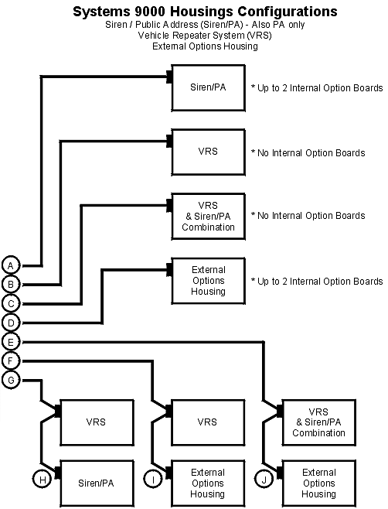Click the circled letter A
click(x=11, y=265)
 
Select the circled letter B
click(x=11, y=285)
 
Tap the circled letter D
click(x=11, y=323)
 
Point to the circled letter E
click(x=11, y=342)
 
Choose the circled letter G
click(x=11, y=380)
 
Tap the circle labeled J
click(x=264, y=480)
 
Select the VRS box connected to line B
click(x=208, y=152)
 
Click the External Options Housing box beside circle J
click(x=319, y=483)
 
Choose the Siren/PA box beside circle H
click(x=96, y=483)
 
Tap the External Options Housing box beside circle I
click(x=208, y=483)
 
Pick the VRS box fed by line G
click(x=96, y=422)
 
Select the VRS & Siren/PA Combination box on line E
click(x=319, y=422)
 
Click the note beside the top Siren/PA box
click(x=317, y=88)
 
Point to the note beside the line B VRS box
click(x=308, y=152)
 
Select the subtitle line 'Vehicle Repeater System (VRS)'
click(x=193, y=36)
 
